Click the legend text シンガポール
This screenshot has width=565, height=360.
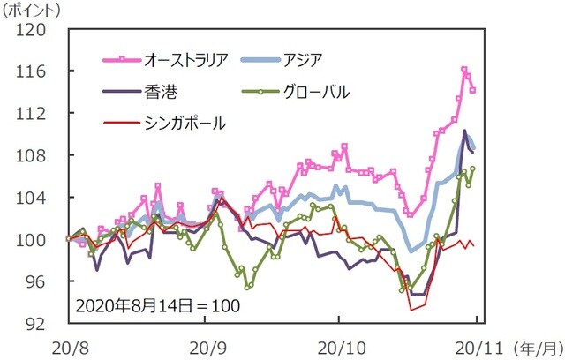tap(185, 124)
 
